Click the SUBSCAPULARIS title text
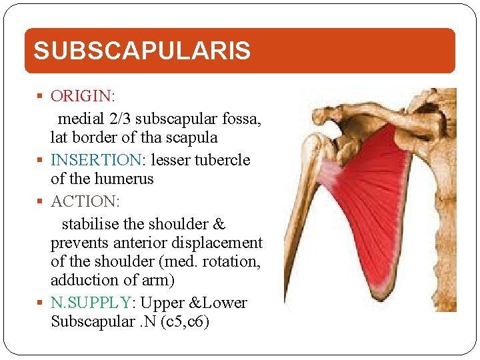click(142, 51)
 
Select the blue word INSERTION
click(93, 160)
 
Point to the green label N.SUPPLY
click(90, 303)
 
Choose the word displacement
click(221, 242)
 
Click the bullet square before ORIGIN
click(42, 97)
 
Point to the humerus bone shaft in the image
click(300, 227)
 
